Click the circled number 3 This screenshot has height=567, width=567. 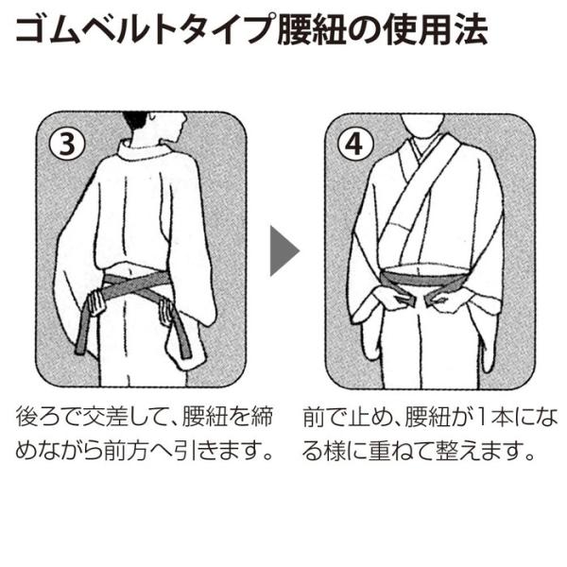point(67,145)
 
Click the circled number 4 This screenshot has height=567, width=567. point(354,145)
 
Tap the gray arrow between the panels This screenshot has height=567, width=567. point(284,250)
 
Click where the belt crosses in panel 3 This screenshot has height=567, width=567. point(131,285)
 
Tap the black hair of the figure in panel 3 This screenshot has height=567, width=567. point(135,120)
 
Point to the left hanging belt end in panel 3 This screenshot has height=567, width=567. point(83,330)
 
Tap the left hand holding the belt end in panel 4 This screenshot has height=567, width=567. point(389,299)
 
